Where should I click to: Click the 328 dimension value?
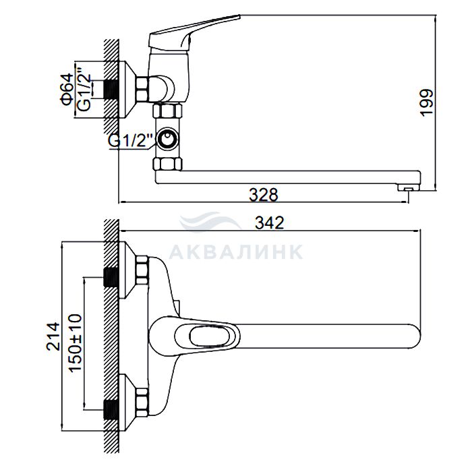click(264, 194)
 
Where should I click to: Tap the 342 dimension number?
click(270, 223)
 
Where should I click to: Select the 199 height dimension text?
click(427, 102)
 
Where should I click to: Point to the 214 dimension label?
click(53, 336)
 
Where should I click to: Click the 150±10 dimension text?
click(76, 343)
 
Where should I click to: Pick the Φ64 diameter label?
click(67, 90)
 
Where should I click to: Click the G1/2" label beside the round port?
click(131, 140)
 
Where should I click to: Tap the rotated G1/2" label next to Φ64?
click(84, 90)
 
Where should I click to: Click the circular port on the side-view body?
click(167, 140)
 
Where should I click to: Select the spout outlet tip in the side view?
click(409, 188)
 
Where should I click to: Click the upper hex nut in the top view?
click(142, 270)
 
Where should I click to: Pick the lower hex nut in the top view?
click(142, 403)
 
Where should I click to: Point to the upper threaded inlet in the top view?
click(111, 277)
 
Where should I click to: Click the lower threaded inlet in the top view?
click(111, 410)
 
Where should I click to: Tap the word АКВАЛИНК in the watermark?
click(236, 252)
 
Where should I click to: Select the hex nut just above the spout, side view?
click(168, 165)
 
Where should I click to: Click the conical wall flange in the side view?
click(127, 90)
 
